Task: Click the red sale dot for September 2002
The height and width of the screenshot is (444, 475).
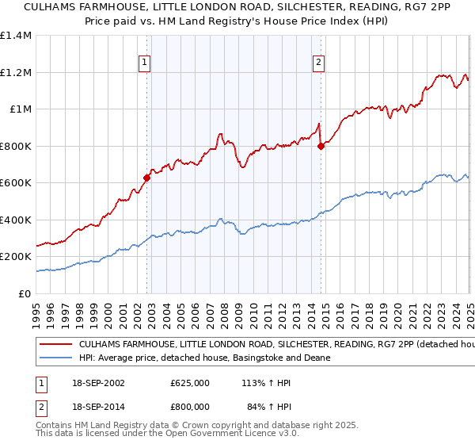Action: coord(147,178)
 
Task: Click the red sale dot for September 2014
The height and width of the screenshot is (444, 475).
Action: coord(321,146)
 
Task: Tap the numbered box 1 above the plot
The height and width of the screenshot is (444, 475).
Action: coord(145,63)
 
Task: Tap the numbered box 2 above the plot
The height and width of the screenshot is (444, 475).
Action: coord(318,63)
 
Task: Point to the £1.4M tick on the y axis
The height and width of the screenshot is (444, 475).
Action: coord(15,36)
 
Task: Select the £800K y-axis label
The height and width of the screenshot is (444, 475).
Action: coord(15,146)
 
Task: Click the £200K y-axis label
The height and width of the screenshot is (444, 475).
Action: coord(15,257)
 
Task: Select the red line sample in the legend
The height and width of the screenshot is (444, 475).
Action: coord(55,346)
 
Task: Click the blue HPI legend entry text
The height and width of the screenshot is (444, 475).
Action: coord(203,358)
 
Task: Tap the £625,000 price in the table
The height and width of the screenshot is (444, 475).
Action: coord(190,382)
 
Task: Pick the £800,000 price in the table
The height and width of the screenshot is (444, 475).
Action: coord(190,408)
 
